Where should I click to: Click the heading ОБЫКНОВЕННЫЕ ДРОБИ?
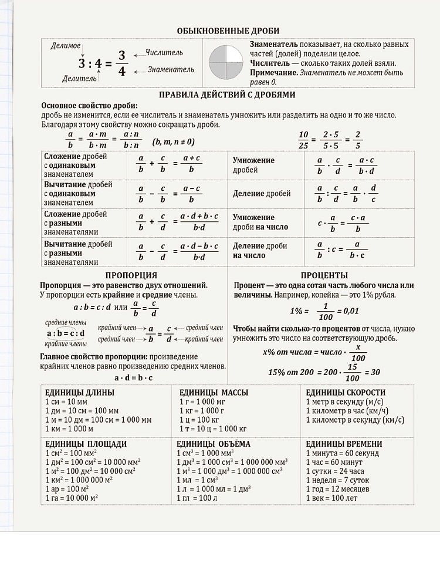click(x=228, y=31)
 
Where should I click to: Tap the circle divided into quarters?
click(x=225, y=60)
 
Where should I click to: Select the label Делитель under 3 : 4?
click(x=77, y=77)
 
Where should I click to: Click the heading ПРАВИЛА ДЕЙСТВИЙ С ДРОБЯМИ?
click(x=227, y=95)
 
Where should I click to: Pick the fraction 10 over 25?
click(x=303, y=140)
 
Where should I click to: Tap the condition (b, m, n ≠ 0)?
click(x=173, y=142)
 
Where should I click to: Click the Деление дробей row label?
click(x=262, y=194)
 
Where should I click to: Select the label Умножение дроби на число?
click(x=253, y=222)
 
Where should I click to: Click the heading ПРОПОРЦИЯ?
click(x=131, y=275)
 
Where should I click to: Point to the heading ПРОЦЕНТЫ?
click(x=324, y=275)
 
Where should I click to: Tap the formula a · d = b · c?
click(x=133, y=377)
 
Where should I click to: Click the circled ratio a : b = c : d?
click(x=66, y=334)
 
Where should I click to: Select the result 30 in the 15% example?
click(x=375, y=372)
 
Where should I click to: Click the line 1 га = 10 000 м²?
click(x=71, y=498)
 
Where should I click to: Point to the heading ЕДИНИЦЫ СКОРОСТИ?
click(x=346, y=392)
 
